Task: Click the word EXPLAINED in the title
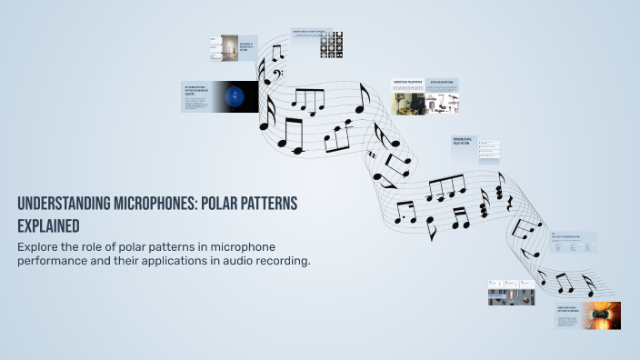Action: [x=48, y=225]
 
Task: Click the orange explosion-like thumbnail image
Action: [x=602, y=315]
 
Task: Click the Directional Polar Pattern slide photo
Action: [x=407, y=103]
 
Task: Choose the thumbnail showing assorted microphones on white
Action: [x=443, y=103]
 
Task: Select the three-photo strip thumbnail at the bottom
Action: [x=510, y=292]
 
